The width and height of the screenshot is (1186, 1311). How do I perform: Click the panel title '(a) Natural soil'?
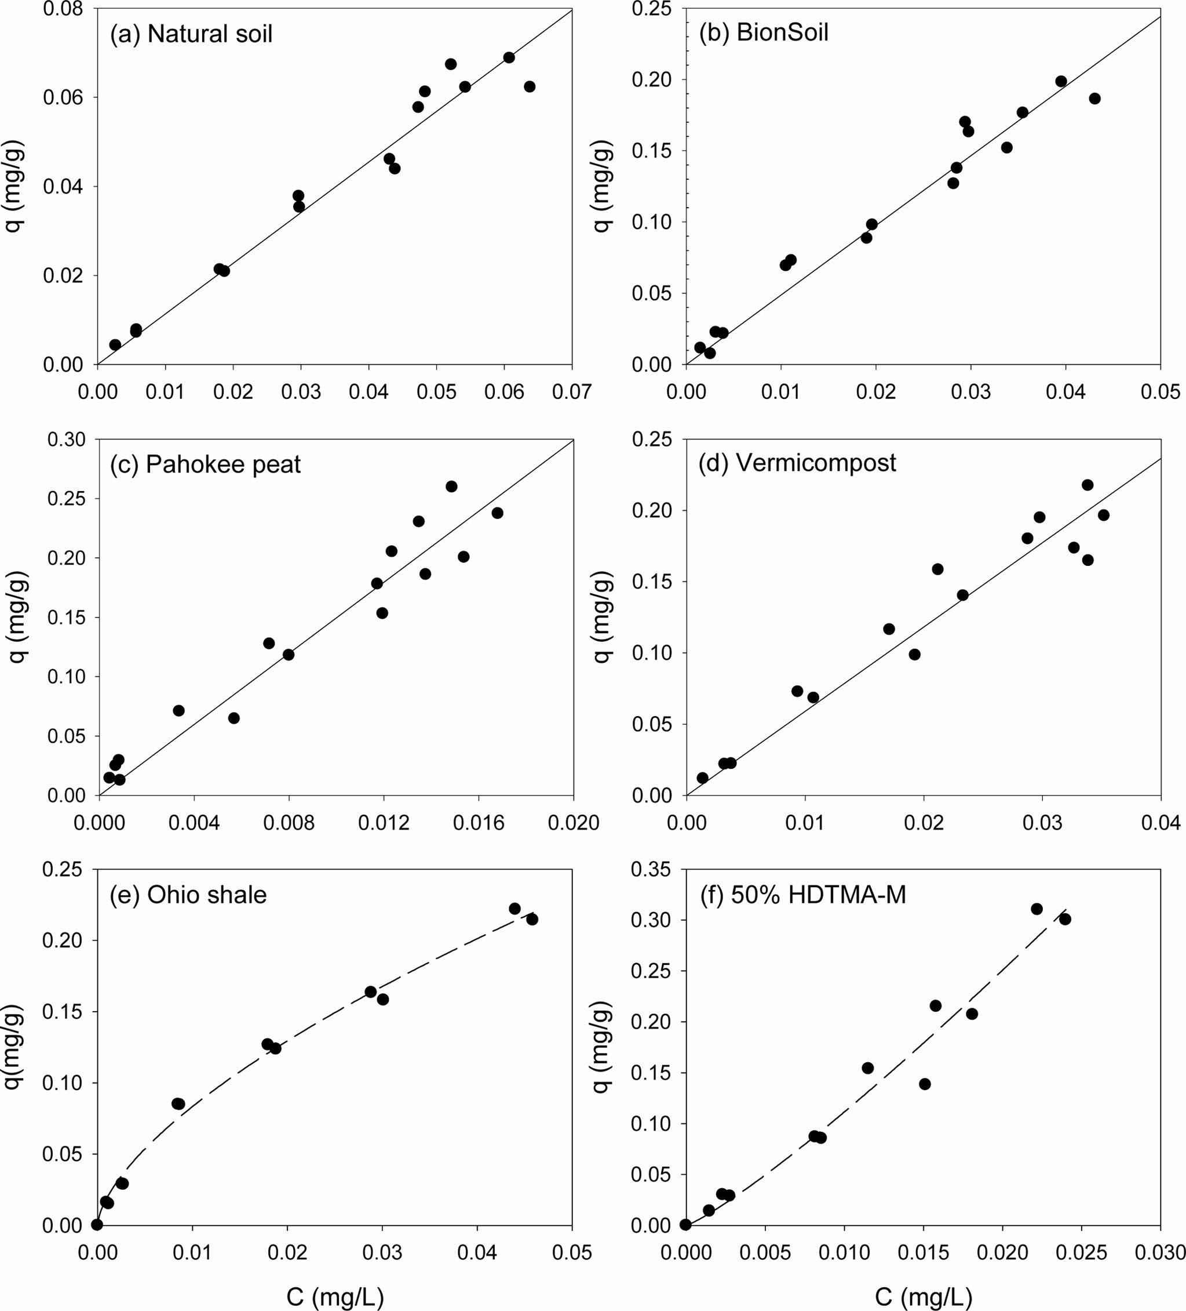tap(191, 34)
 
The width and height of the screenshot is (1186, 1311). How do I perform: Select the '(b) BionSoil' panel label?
tap(764, 32)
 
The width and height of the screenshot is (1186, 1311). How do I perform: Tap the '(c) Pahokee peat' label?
tap(205, 464)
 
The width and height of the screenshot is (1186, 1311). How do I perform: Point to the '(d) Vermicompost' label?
tap(797, 463)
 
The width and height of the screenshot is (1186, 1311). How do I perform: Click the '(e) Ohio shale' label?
tap(188, 895)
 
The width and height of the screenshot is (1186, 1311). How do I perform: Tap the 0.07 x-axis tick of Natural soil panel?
tap(572, 392)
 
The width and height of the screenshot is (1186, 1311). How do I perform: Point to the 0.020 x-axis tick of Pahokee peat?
tap(573, 823)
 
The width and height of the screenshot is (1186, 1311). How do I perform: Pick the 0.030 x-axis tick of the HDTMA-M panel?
tap(1161, 1253)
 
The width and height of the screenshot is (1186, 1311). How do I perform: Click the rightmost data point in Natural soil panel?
tap(530, 86)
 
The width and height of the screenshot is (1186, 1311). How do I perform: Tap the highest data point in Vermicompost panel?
tap(1088, 485)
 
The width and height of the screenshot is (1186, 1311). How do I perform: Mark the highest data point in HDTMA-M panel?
tap(1037, 909)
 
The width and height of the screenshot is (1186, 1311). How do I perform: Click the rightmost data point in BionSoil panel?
tap(1095, 99)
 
